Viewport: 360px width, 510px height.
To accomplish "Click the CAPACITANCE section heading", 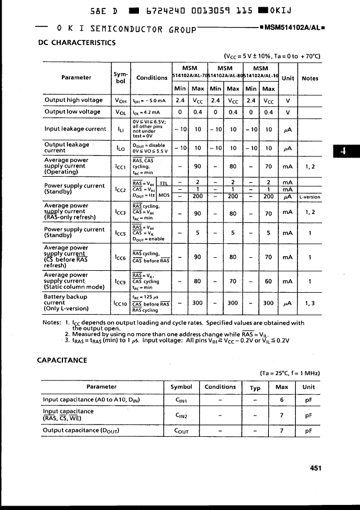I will point(62,360).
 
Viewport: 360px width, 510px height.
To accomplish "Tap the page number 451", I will point(315,467).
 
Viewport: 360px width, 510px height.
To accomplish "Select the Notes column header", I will point(310,78).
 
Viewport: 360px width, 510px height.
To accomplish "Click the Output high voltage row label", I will point(74,100).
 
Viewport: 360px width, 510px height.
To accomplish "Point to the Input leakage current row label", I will point(75,129).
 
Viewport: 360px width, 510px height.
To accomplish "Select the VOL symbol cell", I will point(121,112).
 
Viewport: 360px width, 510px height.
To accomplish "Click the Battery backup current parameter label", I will point(66,302).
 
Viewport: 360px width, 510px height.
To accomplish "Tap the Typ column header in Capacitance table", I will point(255,387).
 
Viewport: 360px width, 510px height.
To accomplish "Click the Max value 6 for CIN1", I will point(282,400).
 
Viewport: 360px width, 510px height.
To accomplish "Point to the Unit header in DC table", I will point(288,78).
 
